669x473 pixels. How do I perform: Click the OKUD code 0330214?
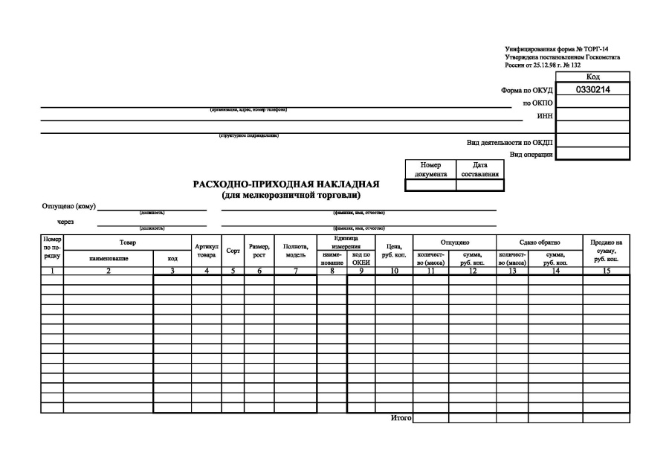[592, 89]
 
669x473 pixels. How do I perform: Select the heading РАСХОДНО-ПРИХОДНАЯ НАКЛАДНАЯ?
[286, 184]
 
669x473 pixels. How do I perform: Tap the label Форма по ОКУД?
[526, 90]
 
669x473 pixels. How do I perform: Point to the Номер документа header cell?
[430, 170]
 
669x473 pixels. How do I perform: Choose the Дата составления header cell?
[479, 170]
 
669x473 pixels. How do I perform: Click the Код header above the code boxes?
[592, 77]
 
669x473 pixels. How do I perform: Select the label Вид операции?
[531, 154]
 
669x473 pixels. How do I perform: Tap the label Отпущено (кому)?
[69, 206]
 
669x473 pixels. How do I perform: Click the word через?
[65, 222]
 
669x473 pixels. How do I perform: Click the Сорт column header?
[232, 251]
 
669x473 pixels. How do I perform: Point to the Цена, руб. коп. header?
[394, 250]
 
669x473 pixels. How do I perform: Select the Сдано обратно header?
[539, 242]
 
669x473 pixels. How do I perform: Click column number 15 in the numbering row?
[606, 271]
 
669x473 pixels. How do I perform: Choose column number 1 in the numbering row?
[52, 271]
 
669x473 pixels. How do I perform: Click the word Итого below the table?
[401, 418]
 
